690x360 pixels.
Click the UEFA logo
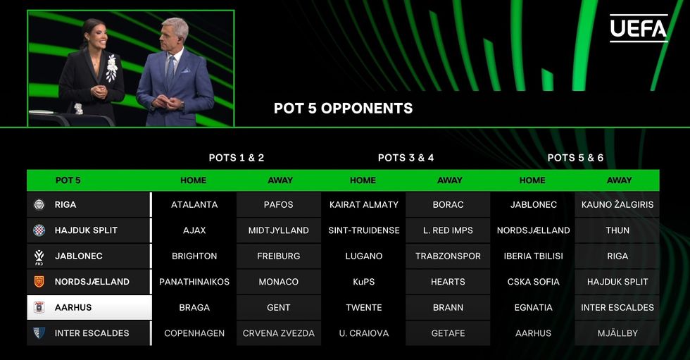(639, 29)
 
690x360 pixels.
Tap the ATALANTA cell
(194, 204)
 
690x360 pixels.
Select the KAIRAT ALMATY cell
(363, 204)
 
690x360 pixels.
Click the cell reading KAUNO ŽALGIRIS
(617, 204)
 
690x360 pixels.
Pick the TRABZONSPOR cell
(448, 256)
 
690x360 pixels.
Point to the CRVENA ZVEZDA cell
(279, 333)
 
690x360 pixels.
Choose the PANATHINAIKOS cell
(194, 282)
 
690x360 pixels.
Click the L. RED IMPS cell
(448, 230)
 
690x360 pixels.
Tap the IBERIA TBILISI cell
(533, 256)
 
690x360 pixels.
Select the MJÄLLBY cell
(617, 333)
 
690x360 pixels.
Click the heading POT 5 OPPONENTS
(344, 108)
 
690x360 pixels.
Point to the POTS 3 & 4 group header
(406, 158)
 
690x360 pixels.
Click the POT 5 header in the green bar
(68, 180)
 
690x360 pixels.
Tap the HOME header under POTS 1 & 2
(193, 180)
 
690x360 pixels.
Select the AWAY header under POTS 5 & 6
(619, 180)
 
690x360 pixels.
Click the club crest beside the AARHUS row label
(39, 307)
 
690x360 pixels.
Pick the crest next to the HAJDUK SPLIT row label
(39, 230)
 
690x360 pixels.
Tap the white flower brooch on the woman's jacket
(112, 68)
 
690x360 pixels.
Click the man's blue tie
(170, 72)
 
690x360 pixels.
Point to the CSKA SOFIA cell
(533, 282)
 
